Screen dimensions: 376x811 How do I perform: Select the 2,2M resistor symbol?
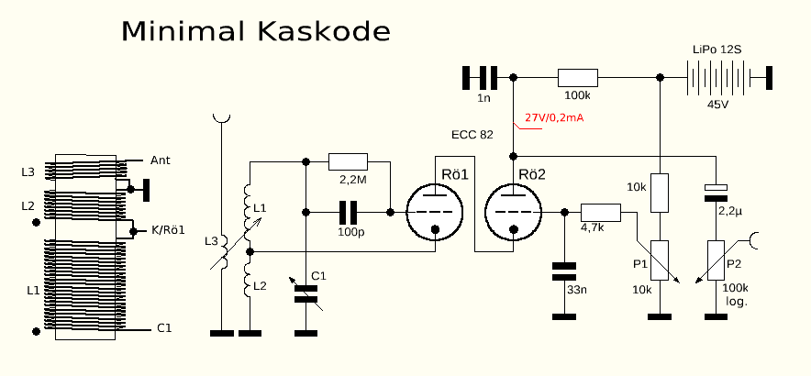point(348,161)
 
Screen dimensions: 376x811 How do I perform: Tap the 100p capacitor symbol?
point(348,212)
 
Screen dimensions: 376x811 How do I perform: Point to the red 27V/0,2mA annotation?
point(555,118)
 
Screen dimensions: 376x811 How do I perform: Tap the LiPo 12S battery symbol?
point(717,77)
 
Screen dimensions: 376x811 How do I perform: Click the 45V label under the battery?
point(717,105)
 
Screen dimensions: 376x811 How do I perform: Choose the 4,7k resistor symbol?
point(601,212)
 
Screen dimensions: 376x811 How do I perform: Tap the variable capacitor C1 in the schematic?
point(305,293)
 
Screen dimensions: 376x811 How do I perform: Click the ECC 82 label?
point(472,135)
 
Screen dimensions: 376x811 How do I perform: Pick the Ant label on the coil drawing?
point(160,160)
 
